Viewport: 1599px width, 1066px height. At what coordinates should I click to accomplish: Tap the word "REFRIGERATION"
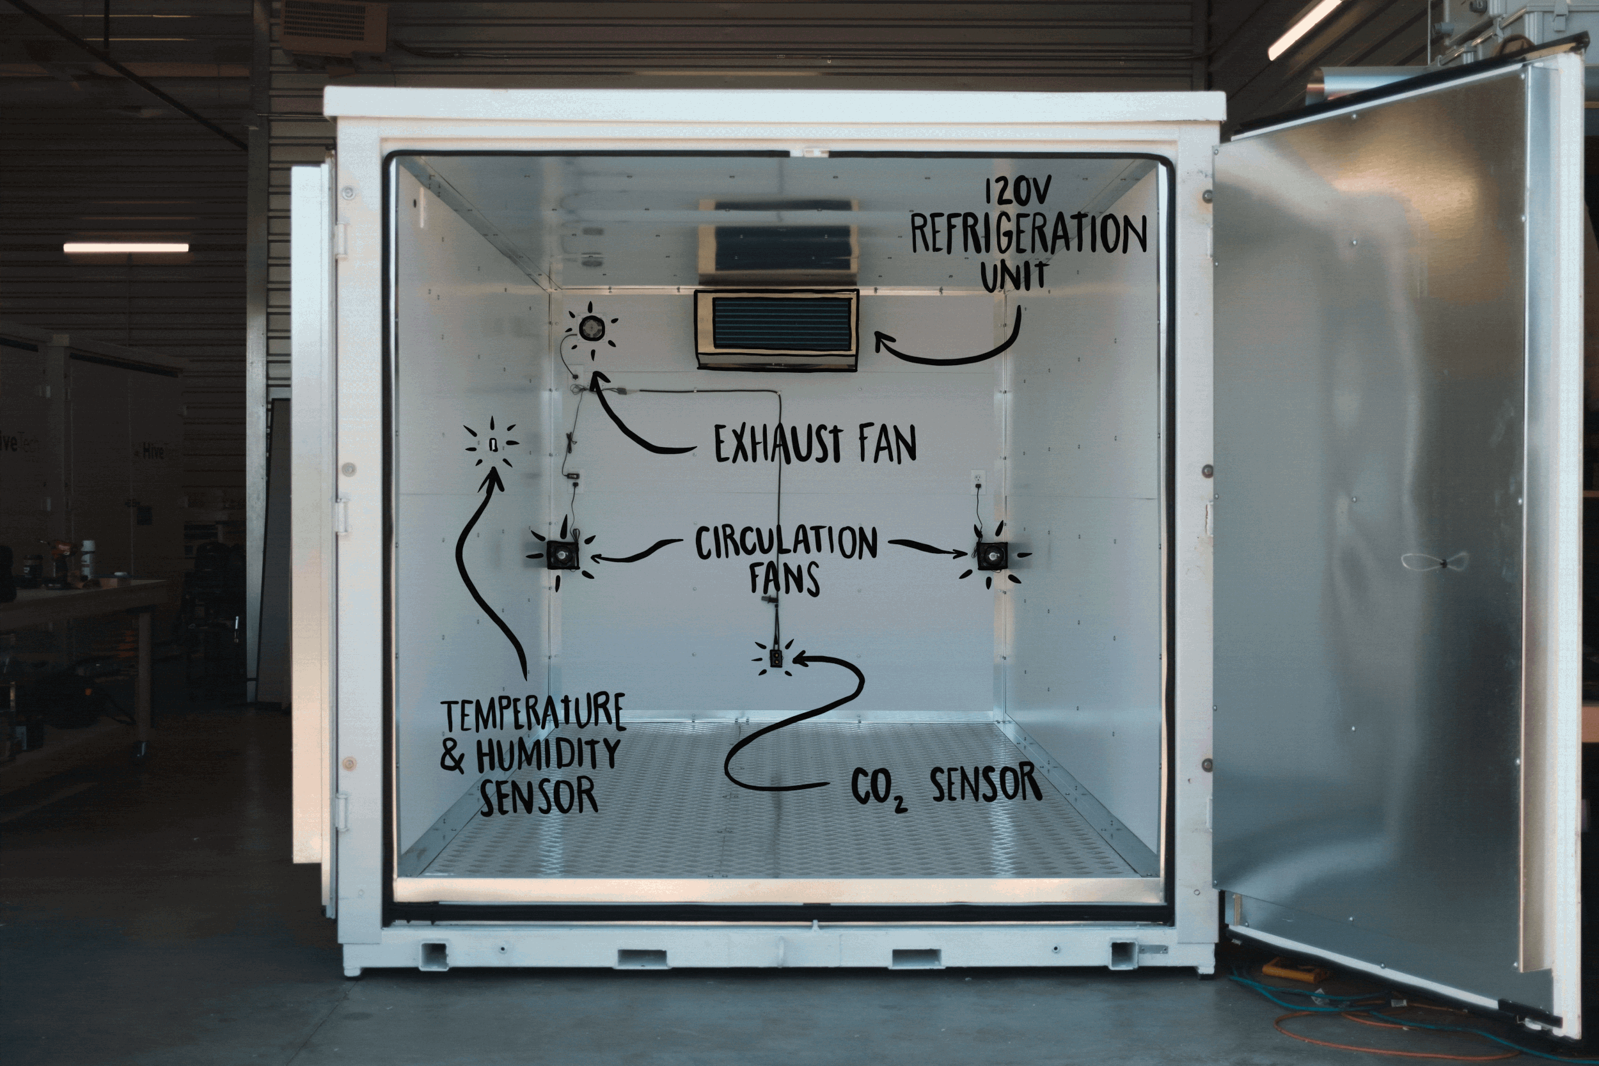[1028, 234]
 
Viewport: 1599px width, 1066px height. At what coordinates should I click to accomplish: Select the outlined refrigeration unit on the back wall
[776, 330]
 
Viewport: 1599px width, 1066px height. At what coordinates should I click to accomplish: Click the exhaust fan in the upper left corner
[591, 329]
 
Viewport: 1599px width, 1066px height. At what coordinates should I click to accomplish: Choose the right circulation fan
[992, 556]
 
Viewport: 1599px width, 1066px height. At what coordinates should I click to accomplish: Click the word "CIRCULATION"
[786, 544]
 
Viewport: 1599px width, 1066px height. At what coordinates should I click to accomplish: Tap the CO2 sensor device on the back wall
[775, 657]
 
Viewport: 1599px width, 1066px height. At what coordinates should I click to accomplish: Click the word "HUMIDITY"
[548, 755]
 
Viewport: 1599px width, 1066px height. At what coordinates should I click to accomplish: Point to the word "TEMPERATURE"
[533, 714]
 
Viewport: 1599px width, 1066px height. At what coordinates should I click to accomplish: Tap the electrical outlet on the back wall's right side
[977, 480]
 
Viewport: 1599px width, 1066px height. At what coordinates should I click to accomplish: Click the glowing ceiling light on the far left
[127, 248]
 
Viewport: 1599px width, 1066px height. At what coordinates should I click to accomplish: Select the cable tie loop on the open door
[1435, 561]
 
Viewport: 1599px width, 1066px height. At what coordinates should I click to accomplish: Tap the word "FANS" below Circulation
[785, 579]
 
